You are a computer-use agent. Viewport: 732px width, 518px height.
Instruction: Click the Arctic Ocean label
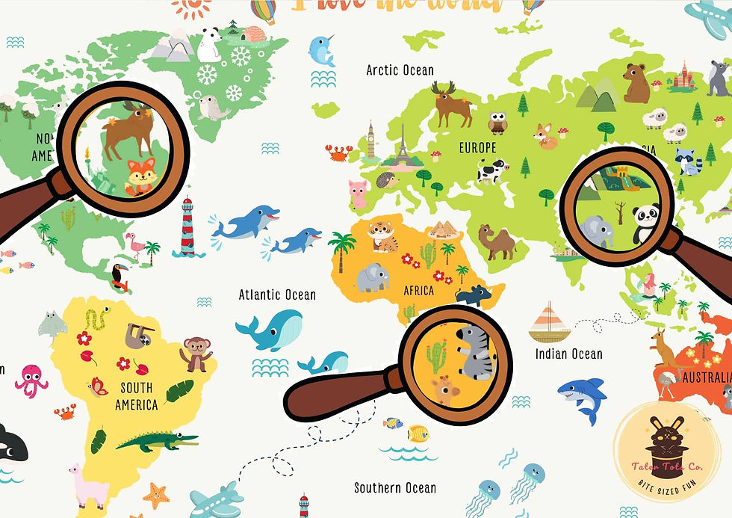(x=400, y=70)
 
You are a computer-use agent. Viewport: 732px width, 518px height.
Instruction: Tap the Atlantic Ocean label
(x=277, y=295)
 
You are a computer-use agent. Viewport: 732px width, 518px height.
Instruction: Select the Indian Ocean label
(x=568, y=354)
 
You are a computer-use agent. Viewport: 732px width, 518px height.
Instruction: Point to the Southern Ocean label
(x=395, y=488)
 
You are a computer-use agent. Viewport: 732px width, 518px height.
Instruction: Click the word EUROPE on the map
(x=477, y=148)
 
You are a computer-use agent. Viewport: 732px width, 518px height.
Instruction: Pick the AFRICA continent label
(x=418, y=290)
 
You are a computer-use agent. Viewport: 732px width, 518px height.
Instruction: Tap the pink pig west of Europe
(x=359, y=194)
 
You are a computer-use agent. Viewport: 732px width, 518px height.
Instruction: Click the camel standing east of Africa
(x=497, y=242)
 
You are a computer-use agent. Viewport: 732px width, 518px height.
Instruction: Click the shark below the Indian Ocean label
(x=581, y=397)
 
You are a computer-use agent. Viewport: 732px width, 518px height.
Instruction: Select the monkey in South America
(x=196, y=354)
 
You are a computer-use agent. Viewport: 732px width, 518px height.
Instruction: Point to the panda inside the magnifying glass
(x=647, y=224)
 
